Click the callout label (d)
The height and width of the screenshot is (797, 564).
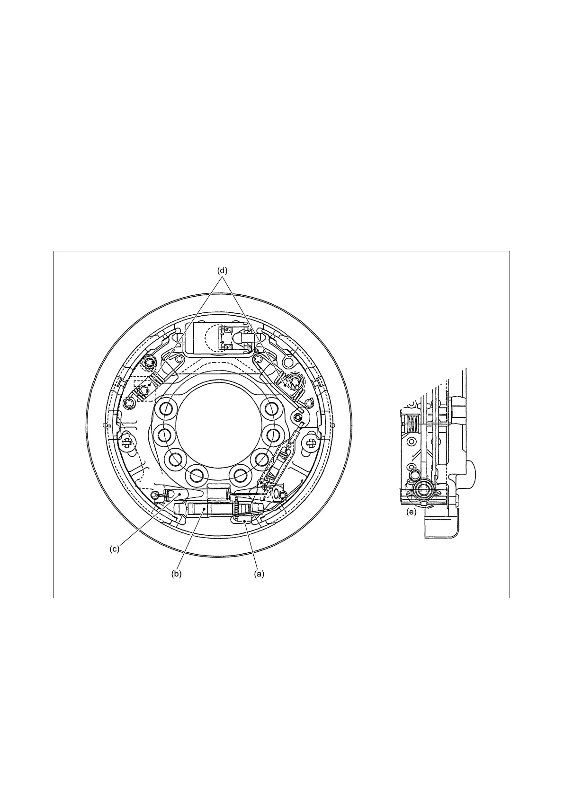[222, 270]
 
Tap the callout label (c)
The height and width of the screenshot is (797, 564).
[114, 549]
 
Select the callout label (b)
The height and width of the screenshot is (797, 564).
[176, 574]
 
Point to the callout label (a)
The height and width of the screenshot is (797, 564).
[259, 574]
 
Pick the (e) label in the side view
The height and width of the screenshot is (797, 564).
[411, 513]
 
